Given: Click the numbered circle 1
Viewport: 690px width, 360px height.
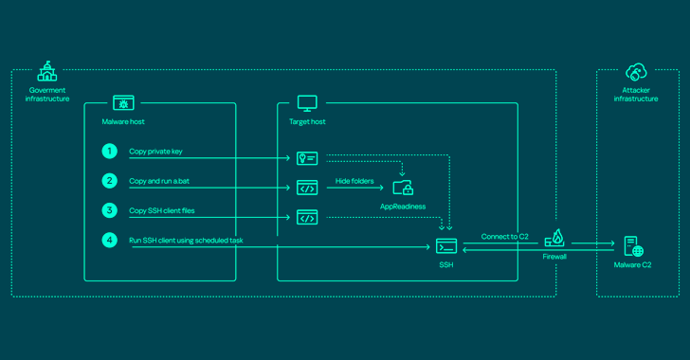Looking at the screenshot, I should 111,152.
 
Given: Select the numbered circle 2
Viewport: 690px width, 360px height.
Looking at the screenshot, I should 111,180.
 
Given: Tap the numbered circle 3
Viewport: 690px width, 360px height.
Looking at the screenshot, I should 111,209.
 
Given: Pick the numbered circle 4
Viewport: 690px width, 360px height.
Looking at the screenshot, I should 111,240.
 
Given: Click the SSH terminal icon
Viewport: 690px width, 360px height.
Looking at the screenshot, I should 445,246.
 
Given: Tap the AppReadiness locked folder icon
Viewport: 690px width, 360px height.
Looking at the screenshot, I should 403,188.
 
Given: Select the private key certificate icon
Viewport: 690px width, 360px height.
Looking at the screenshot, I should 307,158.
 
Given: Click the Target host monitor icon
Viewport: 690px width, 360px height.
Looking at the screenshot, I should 307,103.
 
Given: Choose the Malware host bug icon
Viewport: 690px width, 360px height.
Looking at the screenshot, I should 123,103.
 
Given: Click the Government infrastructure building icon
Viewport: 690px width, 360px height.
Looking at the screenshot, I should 46,72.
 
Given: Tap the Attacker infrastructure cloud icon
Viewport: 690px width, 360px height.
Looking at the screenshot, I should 634,72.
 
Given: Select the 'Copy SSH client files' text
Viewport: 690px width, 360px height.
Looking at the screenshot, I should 163,210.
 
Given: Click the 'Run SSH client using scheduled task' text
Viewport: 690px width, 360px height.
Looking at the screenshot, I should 186,241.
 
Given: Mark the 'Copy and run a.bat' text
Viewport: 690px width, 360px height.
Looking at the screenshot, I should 160,181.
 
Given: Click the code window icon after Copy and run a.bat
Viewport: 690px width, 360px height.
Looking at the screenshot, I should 307,188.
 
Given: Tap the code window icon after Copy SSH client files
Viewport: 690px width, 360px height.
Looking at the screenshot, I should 307,218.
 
